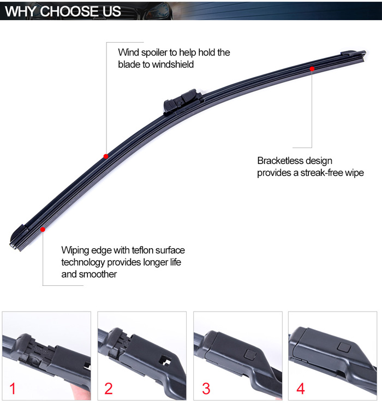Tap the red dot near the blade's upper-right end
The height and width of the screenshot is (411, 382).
[x=312, y=69]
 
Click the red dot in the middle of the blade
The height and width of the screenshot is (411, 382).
[x=106, y=156]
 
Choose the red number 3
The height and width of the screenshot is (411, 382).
[x=206, y=389]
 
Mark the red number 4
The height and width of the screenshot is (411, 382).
[x=300, y=389]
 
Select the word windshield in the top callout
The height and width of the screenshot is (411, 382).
[x=172, y=64]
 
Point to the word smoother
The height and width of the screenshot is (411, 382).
[x=98, y=274]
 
